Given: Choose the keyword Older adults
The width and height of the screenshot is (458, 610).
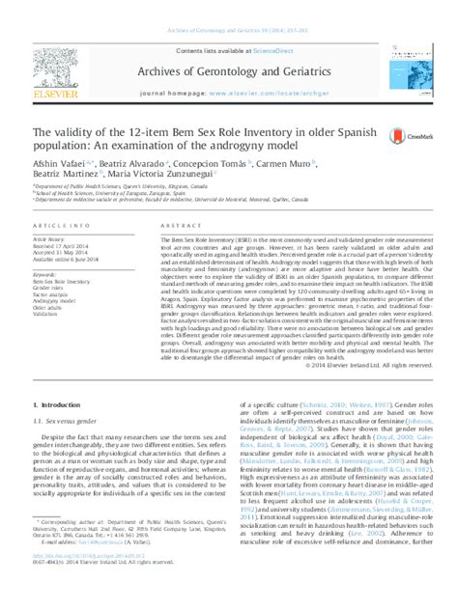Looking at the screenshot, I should click(50, 307).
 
